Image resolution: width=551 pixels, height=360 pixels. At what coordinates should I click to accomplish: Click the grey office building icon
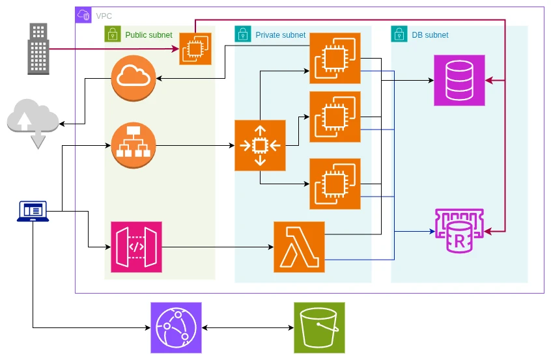(38, 49)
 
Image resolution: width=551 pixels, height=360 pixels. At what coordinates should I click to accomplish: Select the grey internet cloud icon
(33, 122)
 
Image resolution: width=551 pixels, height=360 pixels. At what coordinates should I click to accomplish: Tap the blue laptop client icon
(33, 212)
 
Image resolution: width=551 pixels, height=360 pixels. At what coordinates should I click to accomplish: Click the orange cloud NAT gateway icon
(134, 78)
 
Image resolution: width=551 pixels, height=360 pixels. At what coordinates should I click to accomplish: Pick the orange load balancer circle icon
(134, 145)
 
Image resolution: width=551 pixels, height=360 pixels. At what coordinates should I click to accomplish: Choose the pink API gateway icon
(136, 247)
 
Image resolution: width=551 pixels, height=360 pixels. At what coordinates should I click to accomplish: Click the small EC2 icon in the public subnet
(195, 49)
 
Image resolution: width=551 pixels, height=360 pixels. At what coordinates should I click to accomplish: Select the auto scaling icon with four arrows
(260, 145)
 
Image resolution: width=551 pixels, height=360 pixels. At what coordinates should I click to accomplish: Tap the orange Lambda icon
(299, 247)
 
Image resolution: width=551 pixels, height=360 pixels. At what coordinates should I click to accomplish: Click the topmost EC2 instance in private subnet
(335, 59)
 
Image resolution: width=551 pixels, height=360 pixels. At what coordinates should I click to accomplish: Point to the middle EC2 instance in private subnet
(335, 117)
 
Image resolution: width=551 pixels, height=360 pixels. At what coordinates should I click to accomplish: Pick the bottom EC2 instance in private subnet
(335, 184)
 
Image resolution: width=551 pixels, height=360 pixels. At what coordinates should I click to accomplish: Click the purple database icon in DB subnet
(459, 81)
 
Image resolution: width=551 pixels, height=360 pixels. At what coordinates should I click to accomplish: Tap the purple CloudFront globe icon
(176, 327)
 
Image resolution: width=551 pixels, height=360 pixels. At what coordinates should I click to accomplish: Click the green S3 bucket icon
(319, 327)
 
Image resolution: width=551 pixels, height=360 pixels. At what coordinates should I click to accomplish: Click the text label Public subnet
(148, 35)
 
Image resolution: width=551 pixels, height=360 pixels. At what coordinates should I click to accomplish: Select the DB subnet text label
(430, 35)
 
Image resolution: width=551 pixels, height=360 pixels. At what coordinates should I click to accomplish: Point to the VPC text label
(104, 16)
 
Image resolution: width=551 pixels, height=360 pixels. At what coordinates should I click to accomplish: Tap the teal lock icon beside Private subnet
(243, 34)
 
